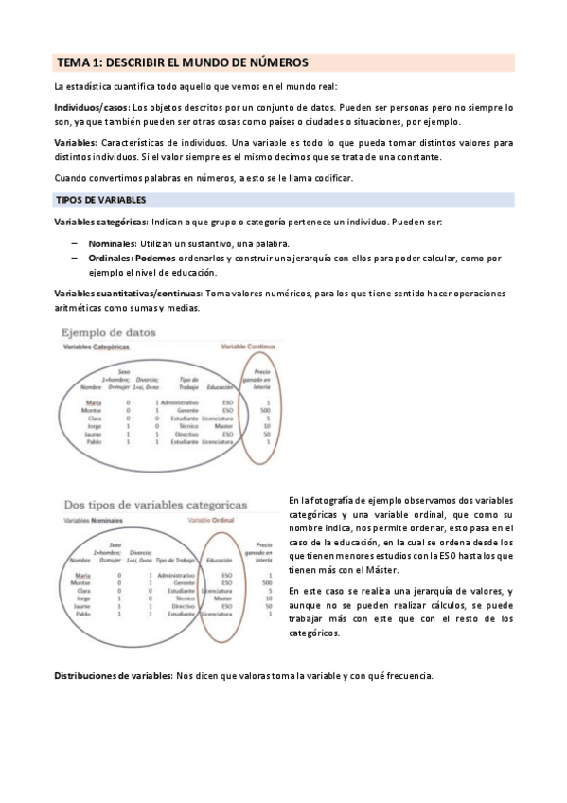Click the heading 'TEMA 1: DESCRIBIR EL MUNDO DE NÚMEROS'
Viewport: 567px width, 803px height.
[182, 62]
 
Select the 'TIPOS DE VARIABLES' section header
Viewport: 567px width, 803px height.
[99, 201]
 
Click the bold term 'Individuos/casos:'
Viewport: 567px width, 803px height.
[92, 108]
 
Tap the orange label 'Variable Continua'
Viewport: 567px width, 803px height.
[247, 348]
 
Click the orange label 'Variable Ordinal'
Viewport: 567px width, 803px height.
[211, 522]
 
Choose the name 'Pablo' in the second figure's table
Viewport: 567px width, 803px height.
[83, 614]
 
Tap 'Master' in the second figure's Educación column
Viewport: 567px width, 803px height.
[223, 598]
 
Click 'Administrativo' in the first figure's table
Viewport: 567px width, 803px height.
[179, 401]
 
